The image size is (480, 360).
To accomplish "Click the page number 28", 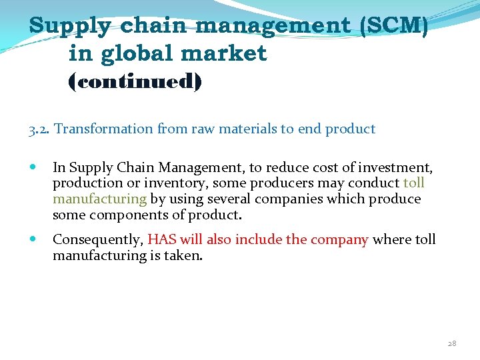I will coord(452,343).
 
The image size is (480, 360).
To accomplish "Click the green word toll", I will coord(414,183).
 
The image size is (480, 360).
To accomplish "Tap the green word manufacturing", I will coord(99,199).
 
